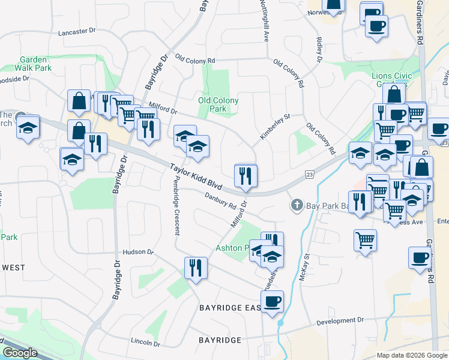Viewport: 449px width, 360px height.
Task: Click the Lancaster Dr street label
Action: point(77,31)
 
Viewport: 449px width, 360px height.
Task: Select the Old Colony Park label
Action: point(218,104)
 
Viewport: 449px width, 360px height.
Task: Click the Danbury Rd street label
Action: point(220,200)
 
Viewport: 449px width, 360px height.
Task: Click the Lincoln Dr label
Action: point(145,343)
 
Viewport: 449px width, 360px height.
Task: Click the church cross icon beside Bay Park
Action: point(296,206)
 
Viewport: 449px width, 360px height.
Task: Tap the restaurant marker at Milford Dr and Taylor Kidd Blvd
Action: point(246,176)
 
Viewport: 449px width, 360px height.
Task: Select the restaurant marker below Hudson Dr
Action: point(196,268)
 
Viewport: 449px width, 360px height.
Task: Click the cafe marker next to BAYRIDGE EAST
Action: point(273,301)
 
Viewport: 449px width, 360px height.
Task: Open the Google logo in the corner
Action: point(20,353)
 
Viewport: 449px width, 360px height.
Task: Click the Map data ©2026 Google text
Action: point(412,355)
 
